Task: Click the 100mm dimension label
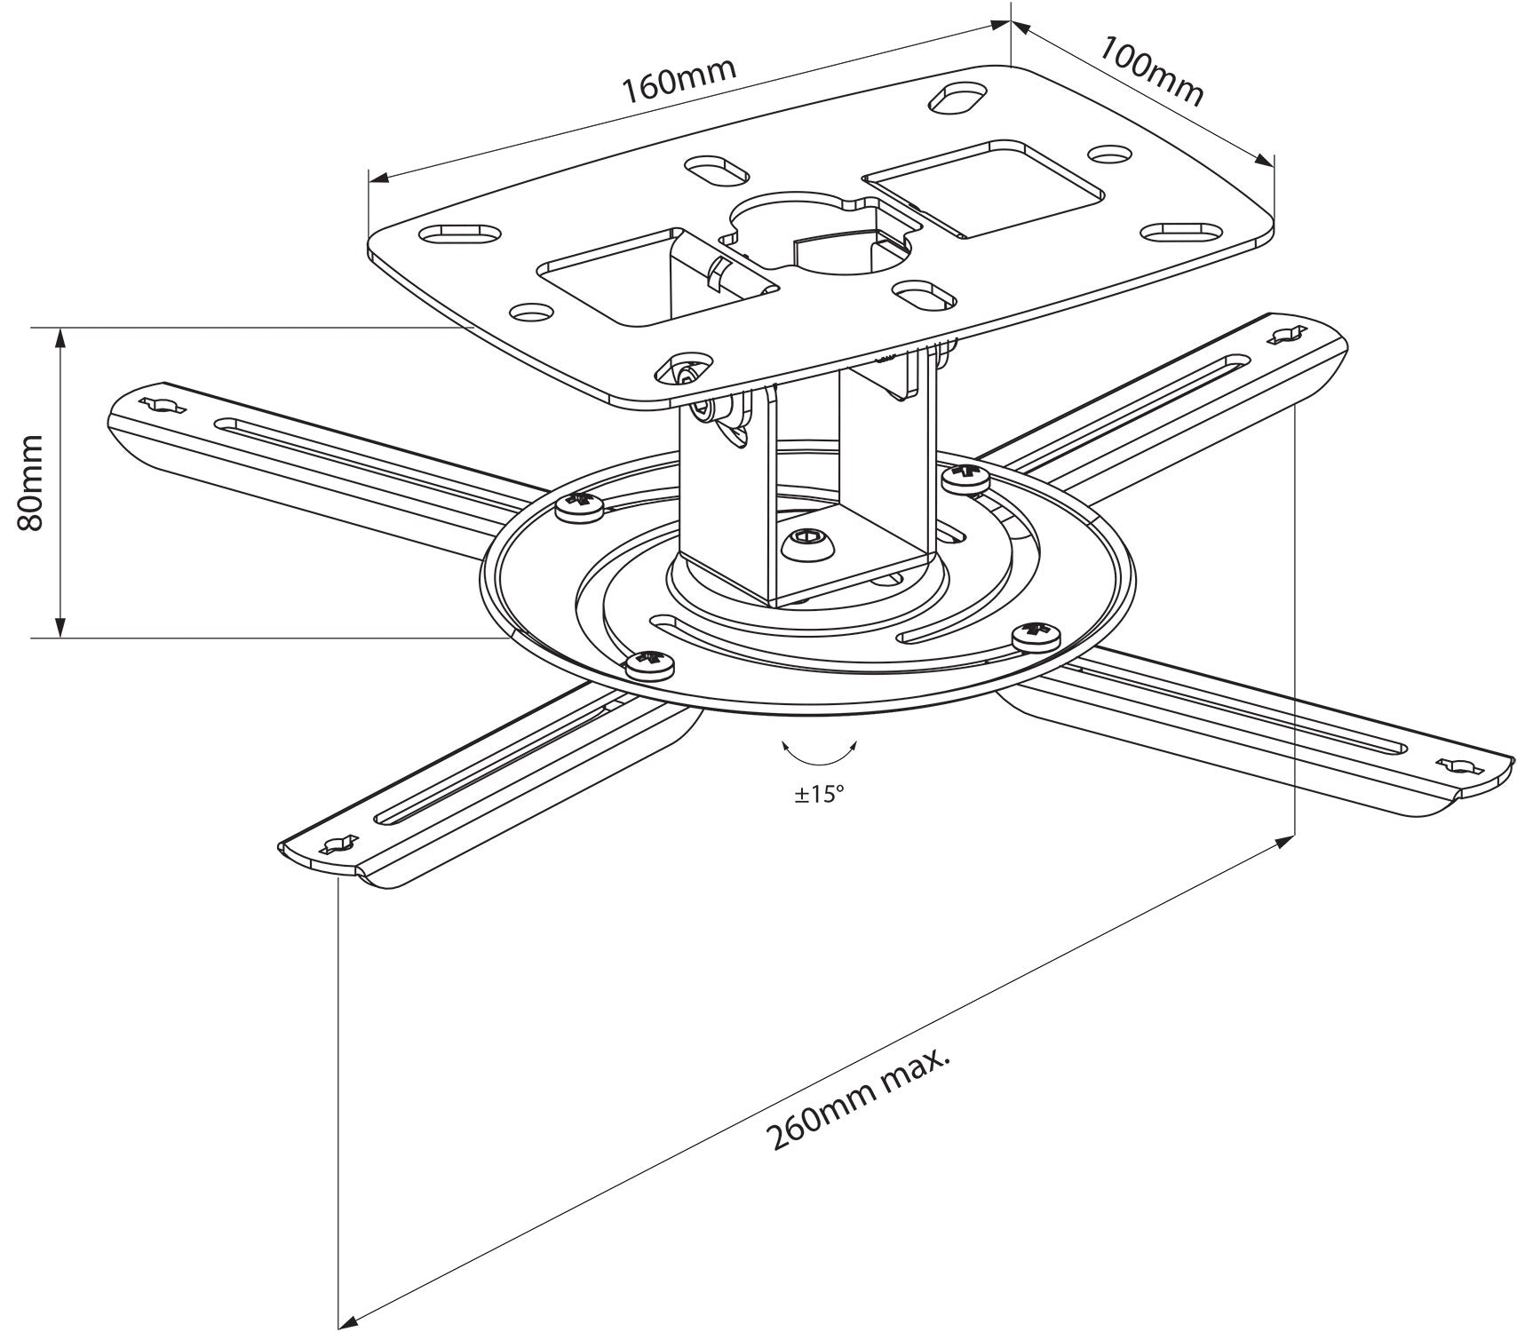(x=1152, y=71)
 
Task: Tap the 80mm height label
(x=32, y=482)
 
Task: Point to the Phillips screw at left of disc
(x=579, y=507)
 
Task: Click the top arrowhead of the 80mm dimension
(x=60, y=337)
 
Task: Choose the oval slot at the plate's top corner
(x=958, y=99)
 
